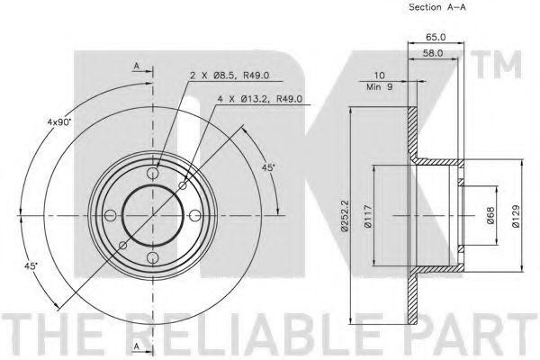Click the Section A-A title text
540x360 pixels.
coord(437,7)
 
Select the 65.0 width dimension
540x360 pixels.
coord(436,37)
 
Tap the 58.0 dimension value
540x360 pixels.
coord(433,53)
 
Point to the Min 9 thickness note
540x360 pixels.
coord(379,86)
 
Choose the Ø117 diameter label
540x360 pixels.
coord(368,216)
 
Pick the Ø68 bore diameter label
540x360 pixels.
coord(490,215)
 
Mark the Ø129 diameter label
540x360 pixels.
coord(516,216)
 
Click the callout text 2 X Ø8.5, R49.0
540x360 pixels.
coord(229,76)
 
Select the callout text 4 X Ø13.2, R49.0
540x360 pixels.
coord(260,99)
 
